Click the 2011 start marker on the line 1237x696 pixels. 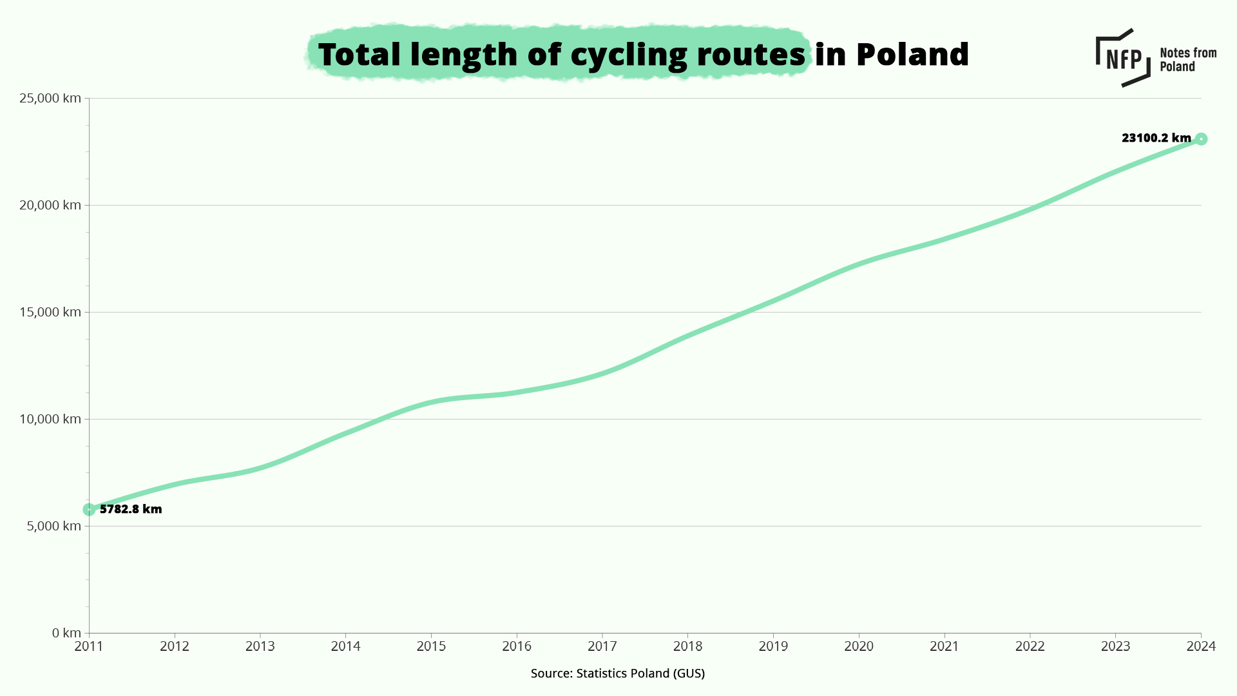click(89, 510)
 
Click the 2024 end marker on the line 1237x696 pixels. click(1201, 139)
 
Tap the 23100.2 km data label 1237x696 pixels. click(1156, 138)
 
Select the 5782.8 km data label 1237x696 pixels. click(131, 509)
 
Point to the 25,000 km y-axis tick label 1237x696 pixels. click(50, 98)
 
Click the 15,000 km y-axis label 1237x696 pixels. click(50, 312)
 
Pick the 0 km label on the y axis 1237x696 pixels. click(66, 633)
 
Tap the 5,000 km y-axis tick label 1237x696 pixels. click(53, 526)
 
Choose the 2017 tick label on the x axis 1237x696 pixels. click(602, 646)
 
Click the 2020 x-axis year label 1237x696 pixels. click(859, 646)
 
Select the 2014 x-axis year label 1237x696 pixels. click(345, 646)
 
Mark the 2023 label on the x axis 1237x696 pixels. click(1115, 646)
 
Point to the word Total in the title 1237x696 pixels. click(360, 54)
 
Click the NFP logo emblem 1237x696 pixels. click(1123, 58)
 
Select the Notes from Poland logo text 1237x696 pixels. click(1187, 59)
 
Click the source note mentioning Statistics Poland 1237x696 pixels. click(617, 673)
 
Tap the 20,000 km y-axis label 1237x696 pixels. click(50, 205)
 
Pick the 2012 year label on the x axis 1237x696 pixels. click(175, 646)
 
